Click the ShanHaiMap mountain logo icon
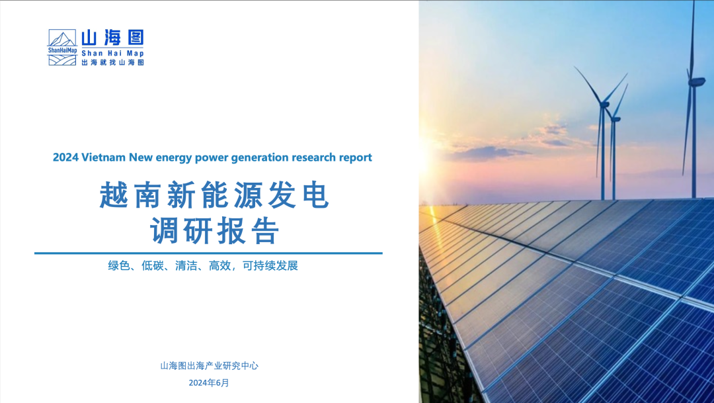[x=62, y=48]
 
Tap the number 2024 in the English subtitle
[x=65, y=157]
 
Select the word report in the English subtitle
[x=355, y=157]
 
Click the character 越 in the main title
[x=114, y=195]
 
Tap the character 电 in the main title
[x=315, y=195]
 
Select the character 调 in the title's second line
[x=165, y=231]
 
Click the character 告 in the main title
[x=265, y=231]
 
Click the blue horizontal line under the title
[x=208, y=253]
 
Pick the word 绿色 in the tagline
[x=119, y=266]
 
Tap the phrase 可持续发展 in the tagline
[x=270, y=266]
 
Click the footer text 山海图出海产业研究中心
[x=209, y=366]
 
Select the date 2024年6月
[x=209, y=383]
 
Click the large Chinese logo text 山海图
[x=112, y=37]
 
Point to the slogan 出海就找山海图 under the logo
[x=112, y=62]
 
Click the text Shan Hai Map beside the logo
[x=112, y=53]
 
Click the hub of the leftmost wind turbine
[x=604, y=105]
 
